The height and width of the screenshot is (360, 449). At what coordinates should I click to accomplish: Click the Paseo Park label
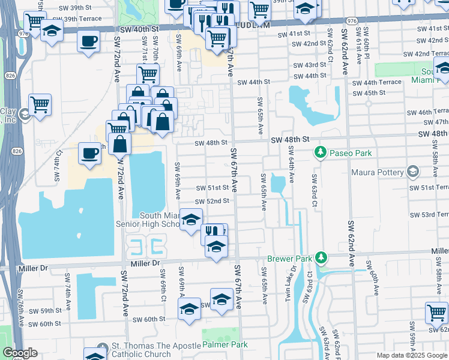(349, 153)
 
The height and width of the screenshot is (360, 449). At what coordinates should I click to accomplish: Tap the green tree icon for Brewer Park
(321, 258)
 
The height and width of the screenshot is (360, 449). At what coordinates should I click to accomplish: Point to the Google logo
(20, 353)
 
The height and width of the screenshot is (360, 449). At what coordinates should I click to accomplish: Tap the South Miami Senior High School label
(158, 220)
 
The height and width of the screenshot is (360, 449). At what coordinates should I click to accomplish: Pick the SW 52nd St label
(212, 201)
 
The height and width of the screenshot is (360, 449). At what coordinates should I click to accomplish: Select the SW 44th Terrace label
(376, 82)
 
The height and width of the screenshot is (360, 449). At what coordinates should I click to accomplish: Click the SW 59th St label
(41, 311)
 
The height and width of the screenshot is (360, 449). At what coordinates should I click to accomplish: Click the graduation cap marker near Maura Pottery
(412, 172)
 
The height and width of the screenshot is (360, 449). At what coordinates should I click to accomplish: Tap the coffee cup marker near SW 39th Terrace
(89, 42)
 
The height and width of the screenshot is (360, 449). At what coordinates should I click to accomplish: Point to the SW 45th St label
(369, 93)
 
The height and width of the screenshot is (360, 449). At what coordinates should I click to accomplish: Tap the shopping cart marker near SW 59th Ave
(436, 312)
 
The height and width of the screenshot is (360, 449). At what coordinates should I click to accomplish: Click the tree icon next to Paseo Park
(321, 153)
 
